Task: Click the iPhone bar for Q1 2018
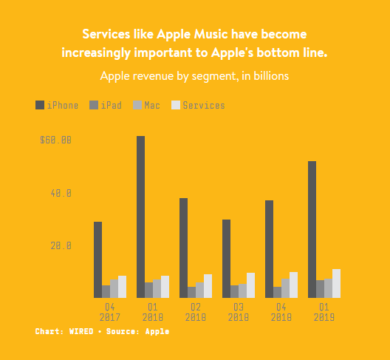point(140,217)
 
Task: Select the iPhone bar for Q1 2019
point(312,230)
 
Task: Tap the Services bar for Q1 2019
point(336,284)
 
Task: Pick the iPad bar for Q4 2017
point(106,291)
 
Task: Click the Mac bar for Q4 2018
point(285,288)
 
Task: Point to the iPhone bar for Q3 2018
point(226,259)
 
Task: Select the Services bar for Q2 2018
point(208,286)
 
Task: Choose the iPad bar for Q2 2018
point(191,292)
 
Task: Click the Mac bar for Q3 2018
point(242,291)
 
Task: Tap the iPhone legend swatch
point(40,105)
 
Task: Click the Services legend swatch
point(176,105)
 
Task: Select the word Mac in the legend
point(152,105)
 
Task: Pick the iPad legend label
point(112,105)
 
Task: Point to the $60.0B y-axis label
point(55,140)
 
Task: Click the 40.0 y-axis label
point(61,193)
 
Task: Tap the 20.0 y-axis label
point(61,245)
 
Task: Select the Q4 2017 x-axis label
point(109,312)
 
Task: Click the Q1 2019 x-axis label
point(324,312)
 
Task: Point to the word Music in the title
point(211,34)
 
